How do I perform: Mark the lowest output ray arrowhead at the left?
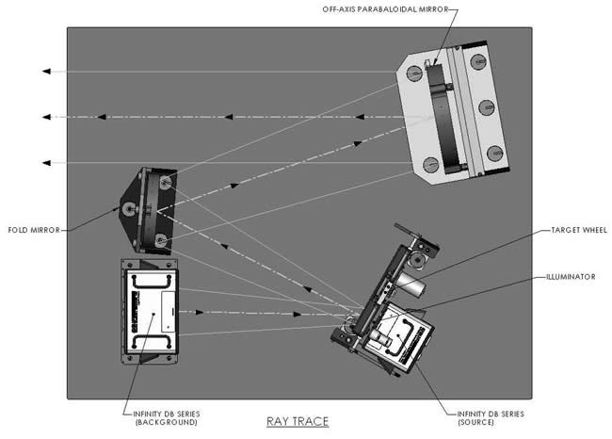pos(44,163)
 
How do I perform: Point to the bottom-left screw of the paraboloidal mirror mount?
pos(431,164)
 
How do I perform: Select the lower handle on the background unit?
pos(152,340)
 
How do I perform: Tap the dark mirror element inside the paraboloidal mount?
pos(439,118)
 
